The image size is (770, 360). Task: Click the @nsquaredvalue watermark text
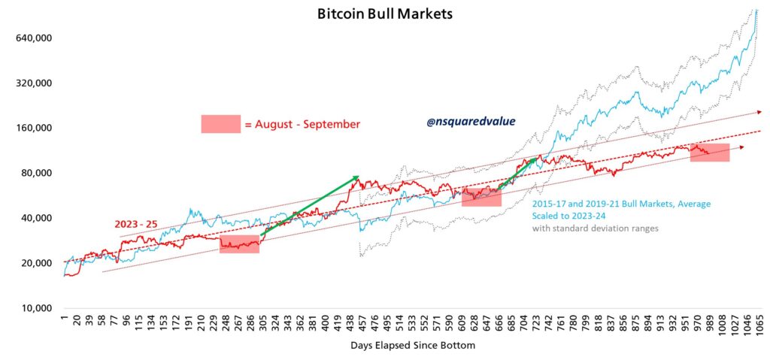coord(471,120)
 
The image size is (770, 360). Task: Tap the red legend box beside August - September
coord(220,124)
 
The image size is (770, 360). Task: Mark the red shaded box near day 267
coord(239,244)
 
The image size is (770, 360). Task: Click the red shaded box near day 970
coord(710,152)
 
